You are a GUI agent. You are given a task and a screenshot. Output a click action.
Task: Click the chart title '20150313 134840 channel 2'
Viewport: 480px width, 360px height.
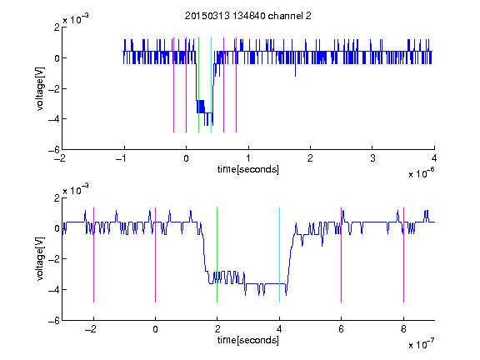247,16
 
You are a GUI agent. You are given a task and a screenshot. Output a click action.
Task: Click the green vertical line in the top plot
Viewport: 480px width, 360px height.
198,85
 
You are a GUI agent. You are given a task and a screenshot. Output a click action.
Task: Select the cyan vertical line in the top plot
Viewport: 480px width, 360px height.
211,85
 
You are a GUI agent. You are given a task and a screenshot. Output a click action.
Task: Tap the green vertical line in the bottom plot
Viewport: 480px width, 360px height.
217,255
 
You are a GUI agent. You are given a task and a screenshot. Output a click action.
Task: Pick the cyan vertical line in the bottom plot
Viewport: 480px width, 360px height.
279,255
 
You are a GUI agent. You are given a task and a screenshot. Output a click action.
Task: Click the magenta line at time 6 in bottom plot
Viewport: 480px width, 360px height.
342,255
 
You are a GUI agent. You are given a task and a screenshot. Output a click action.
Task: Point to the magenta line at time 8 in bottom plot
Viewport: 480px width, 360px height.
404,255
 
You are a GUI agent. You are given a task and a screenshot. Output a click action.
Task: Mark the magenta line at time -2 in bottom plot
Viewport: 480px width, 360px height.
93,255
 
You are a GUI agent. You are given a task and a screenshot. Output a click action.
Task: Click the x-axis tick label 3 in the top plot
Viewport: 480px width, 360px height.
372,158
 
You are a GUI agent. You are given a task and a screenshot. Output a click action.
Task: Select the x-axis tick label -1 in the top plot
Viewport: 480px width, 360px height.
122,158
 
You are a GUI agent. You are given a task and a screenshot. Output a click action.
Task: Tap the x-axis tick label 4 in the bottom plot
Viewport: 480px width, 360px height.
279,329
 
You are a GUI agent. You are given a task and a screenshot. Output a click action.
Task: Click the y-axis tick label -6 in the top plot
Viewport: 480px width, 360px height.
53,150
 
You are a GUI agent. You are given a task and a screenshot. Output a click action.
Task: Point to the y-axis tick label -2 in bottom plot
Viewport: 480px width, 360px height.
53,259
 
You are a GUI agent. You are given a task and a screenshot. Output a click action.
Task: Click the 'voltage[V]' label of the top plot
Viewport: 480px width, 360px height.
40,88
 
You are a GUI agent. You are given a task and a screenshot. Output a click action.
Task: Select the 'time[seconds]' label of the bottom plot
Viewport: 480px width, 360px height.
248,340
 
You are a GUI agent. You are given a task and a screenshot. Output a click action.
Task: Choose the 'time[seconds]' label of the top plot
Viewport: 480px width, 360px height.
248,169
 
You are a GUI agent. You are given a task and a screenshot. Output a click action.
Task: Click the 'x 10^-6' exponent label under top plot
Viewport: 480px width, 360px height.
422,172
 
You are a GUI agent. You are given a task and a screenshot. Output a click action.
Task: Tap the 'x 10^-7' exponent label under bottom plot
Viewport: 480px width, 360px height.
422,344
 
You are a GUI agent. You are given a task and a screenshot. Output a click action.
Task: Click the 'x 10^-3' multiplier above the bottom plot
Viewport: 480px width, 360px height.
76,189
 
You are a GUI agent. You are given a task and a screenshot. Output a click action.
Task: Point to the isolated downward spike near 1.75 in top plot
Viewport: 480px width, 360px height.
295,70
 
